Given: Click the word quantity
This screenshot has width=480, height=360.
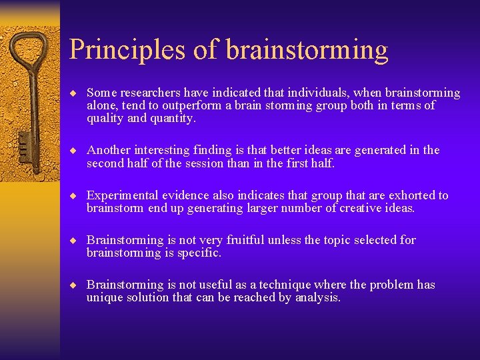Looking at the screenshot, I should [173, 118].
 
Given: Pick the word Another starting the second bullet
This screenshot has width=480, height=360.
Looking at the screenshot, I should [109, 150].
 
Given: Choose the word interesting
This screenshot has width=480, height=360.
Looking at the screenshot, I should [166, 150].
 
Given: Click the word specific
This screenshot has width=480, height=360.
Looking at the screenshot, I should [198, 253].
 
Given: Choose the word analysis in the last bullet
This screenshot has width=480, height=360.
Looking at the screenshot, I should [317, 297].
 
